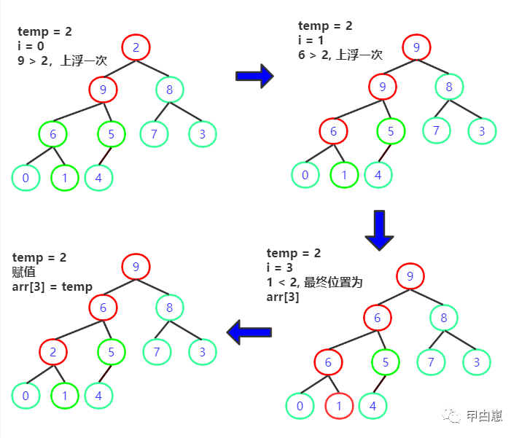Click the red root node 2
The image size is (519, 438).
click(136, 48)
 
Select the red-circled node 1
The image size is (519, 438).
click(339, 405)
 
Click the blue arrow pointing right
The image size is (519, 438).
click(255, 76)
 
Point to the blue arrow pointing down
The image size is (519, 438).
click(378, 230)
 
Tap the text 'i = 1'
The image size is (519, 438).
click(311, 40)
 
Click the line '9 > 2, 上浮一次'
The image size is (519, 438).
click(62, 61)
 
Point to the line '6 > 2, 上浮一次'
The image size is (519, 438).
click(340, 55)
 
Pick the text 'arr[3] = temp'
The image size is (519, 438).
click(52, 286)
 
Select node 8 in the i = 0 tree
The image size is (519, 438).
click(169, 90)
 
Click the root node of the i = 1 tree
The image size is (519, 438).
click(416, 49)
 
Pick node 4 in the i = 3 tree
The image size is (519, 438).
click(372, 405)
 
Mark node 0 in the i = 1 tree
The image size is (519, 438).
click(305, 174)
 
